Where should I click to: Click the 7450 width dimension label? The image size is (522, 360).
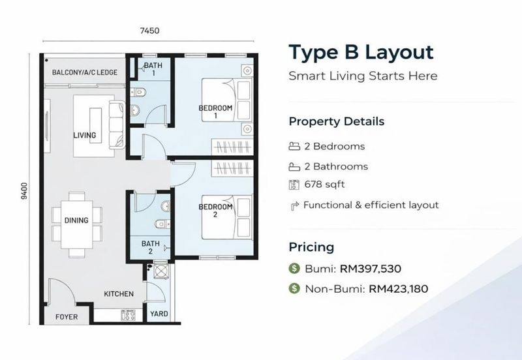[149, 31]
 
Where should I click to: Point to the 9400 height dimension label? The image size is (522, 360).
[24, 191]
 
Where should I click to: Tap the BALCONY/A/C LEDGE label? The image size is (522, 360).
[85, 72]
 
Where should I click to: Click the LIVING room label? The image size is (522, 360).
[85, 135]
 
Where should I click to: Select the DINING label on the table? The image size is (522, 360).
[76, 220]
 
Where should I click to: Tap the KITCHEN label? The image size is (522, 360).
[119, 293]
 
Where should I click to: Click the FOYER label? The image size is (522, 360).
[67, 317]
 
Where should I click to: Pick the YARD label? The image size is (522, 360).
[159, 314]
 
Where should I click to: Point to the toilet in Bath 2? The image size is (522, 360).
[162, 224]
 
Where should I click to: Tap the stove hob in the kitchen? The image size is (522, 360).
[128, 315]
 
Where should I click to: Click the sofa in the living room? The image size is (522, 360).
[117, 125]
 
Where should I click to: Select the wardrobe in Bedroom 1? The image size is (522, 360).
[232, 146]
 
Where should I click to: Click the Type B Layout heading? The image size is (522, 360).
[361, 53]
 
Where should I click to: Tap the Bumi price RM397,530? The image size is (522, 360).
[370, 269]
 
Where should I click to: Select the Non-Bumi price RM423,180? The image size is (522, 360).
[398, 288]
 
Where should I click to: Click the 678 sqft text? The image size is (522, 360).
[324, 185]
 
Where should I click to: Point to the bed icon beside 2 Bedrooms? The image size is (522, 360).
[294, 146]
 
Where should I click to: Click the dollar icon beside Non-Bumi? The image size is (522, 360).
[294, 288]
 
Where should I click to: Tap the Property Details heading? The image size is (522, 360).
[337, 121]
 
